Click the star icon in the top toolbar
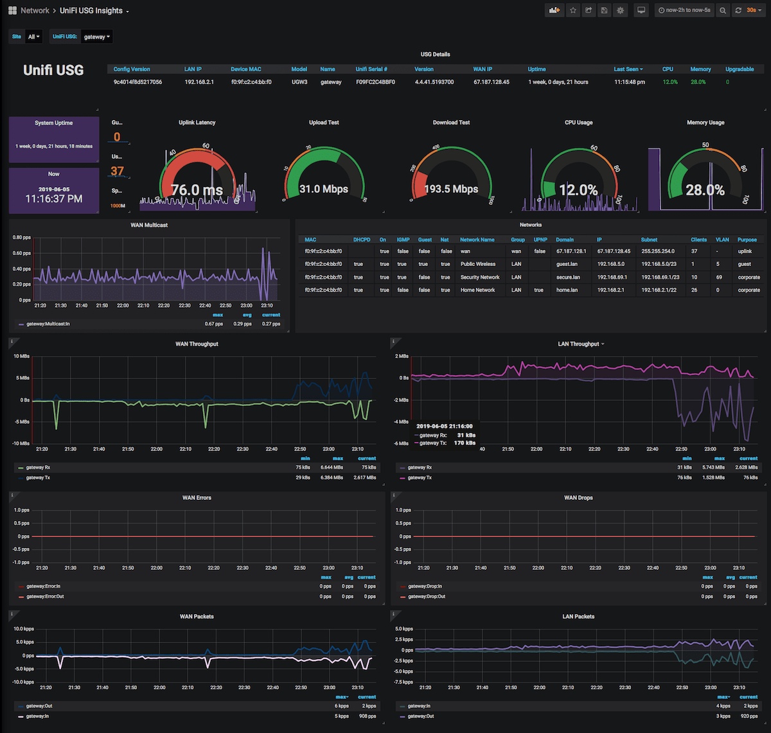[x=572, y=10]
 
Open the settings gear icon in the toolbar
[x=620, y=10]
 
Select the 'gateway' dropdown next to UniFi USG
[x=96, y=37]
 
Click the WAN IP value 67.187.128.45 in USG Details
[x=492, y=82]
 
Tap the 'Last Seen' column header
[x=628, y=69]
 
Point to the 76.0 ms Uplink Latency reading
[x=197, y=190]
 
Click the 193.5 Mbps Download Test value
[x=451, y=190]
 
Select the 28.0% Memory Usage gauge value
[x=705, y=190]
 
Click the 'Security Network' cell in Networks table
[x=479, y=278]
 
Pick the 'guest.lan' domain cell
[x=567, y=264]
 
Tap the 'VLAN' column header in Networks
[x=722, y=240]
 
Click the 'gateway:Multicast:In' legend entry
[x=48, y=324]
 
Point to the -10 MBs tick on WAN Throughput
[x=21, y=443]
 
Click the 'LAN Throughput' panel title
[x=579, y=344]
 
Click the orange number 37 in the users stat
[x=117, y=172]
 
